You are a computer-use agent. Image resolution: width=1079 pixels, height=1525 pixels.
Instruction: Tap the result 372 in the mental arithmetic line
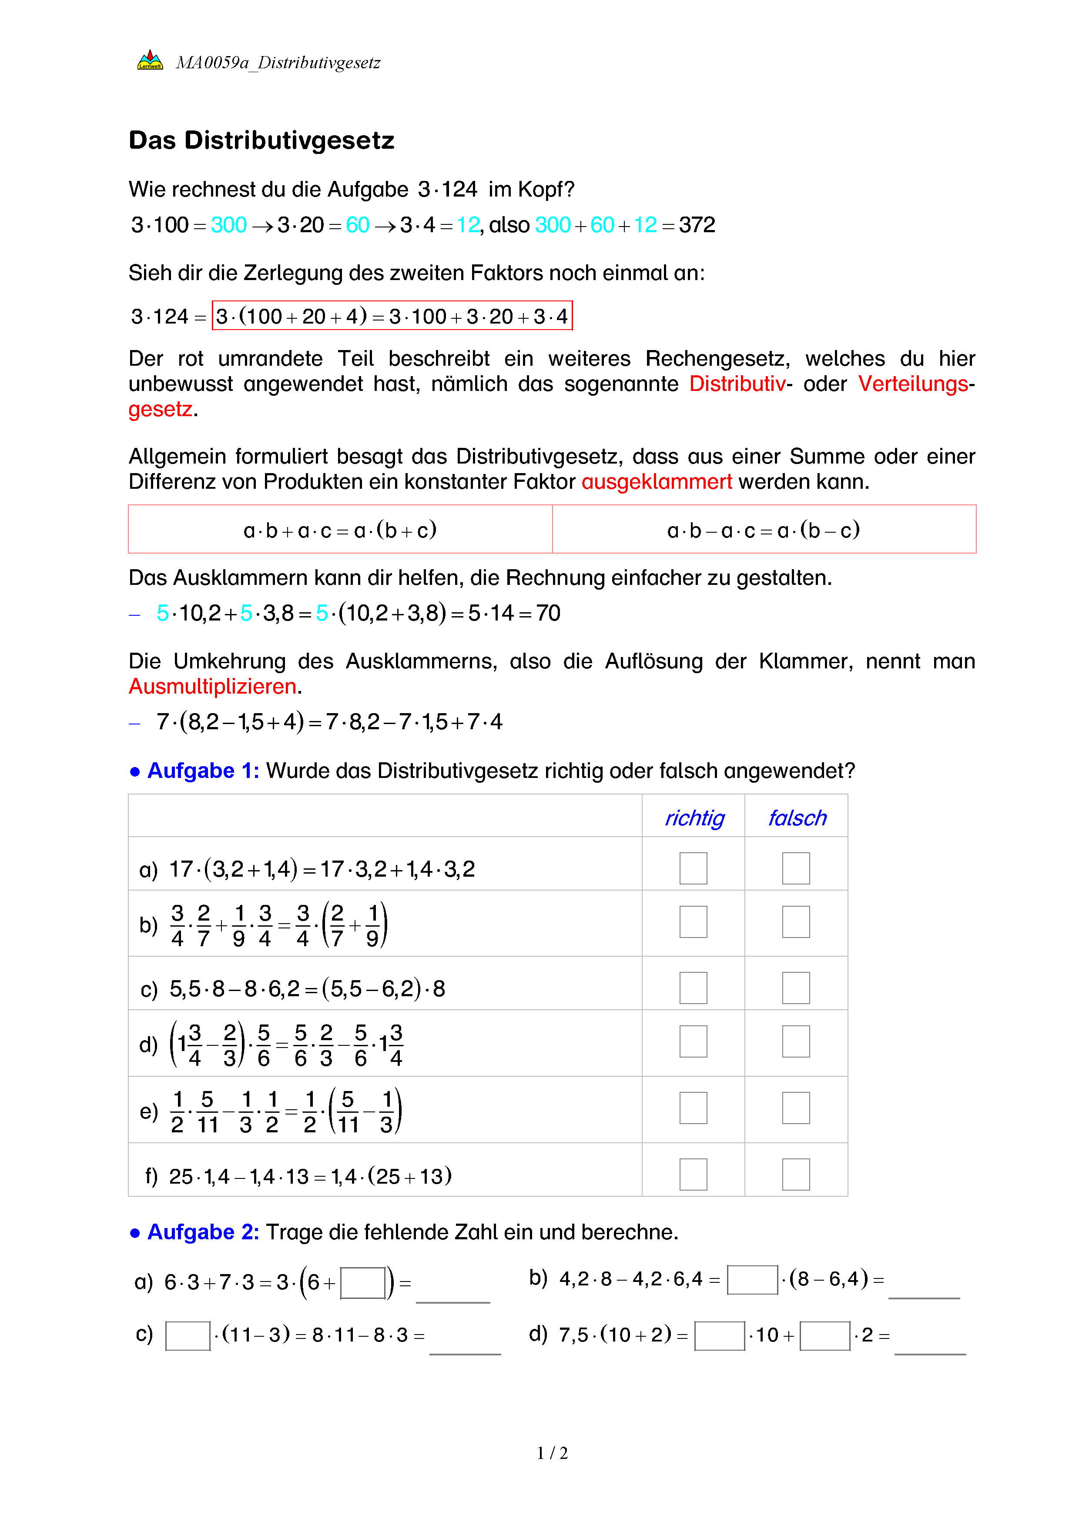click(696, 225)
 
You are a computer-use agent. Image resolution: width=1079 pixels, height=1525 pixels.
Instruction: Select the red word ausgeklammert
click(657, 481)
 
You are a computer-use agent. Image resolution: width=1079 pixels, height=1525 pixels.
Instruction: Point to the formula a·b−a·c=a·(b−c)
click(764, 530)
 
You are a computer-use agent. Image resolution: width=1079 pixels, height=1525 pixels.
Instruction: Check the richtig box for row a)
click(693, 868)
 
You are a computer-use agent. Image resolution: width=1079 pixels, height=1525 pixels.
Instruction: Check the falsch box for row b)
click(796, 922)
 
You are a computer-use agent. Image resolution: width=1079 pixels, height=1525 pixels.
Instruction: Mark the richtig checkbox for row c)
click(693, 988)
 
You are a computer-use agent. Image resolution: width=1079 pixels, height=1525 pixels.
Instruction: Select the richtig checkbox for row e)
click(693, 1108)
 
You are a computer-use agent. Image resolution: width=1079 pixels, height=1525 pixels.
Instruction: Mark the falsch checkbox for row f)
click(796, 1175)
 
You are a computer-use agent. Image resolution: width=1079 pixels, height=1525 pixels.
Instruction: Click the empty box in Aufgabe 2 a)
click(363, 1282)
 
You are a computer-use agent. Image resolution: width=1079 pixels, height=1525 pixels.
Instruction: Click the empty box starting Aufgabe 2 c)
click(188, 1336)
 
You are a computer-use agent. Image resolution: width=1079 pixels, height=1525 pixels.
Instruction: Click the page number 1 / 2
click(552, 1453)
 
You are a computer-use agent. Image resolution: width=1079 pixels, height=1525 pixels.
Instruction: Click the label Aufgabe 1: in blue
click(203, 771)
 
